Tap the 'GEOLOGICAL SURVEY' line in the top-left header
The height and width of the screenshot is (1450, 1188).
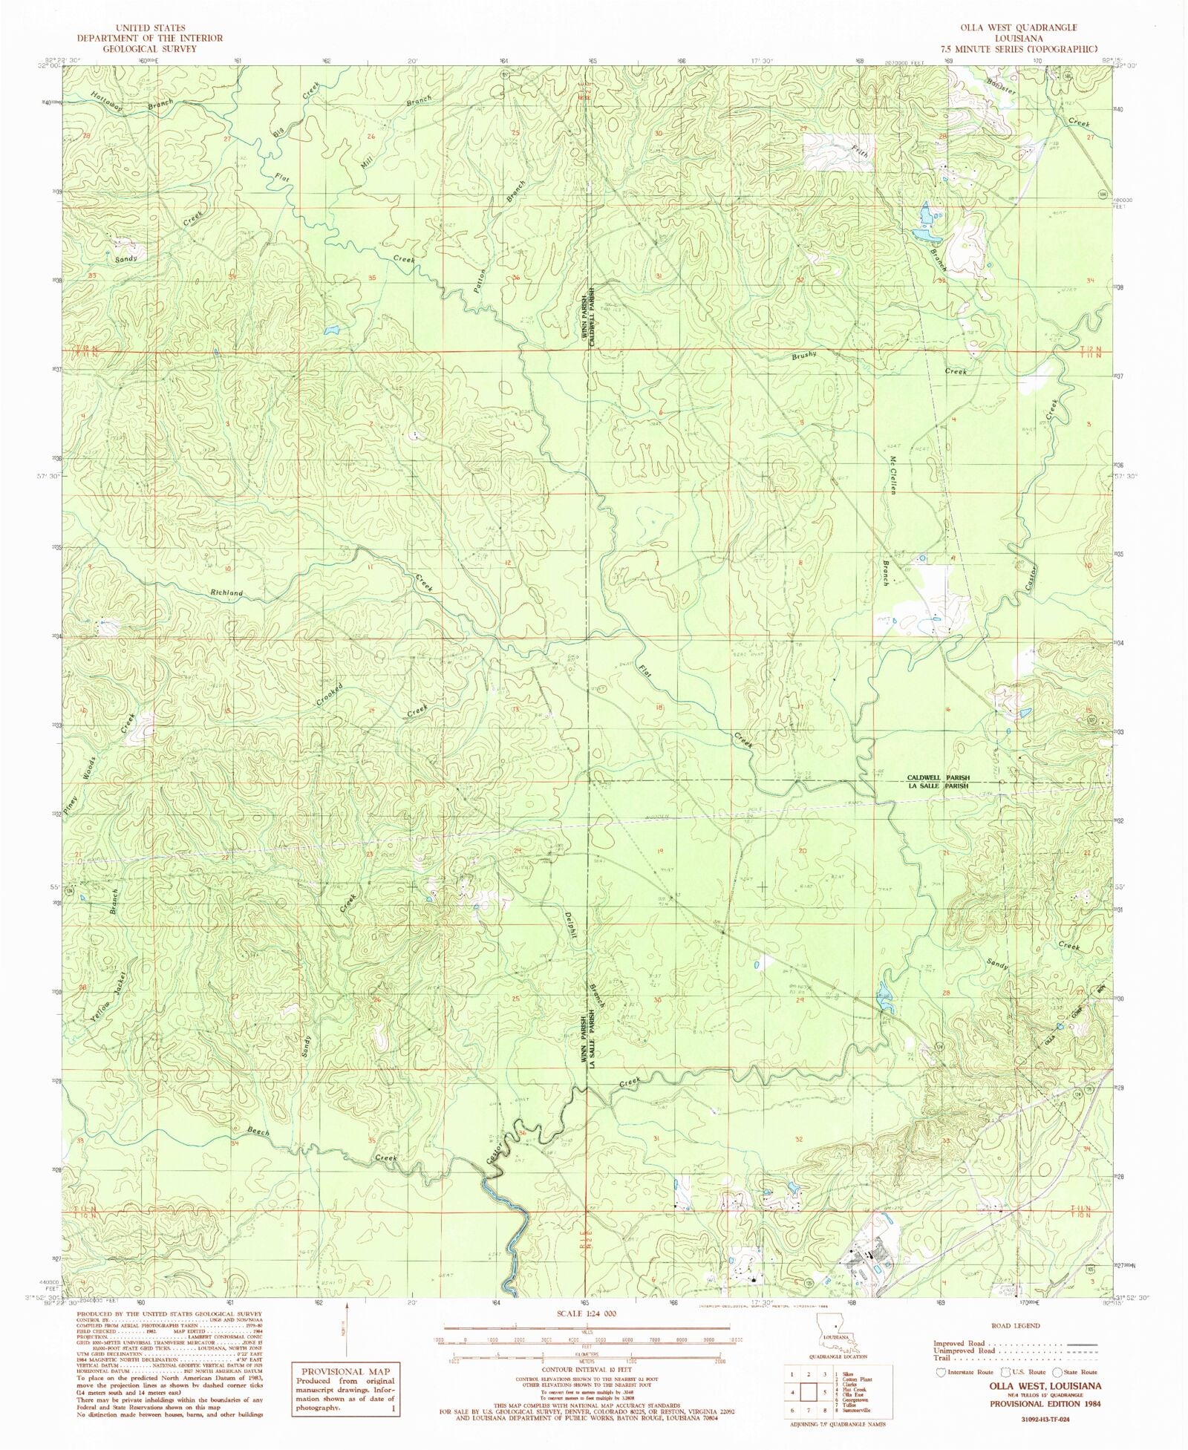149,48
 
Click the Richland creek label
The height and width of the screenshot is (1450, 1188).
226,593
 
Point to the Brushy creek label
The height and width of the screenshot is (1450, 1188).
804,355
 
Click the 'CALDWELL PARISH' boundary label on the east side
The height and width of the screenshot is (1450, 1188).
938,778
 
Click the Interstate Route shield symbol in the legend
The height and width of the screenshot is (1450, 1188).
941,1372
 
